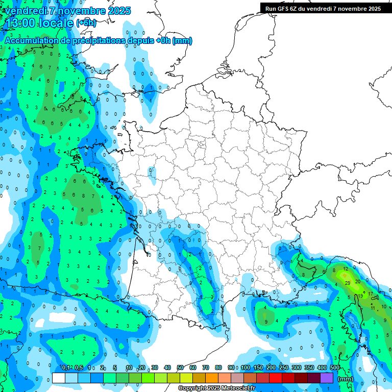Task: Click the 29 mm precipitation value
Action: [x=348, y=282]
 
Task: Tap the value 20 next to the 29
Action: [x=358, y=281]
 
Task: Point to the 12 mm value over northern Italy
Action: [x=346, y=268]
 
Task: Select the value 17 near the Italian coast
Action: [x=371, y=294]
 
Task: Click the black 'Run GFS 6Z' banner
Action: [x=323, y=8]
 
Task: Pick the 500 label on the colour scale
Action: [x=335, y=367]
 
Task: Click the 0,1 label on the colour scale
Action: [x=66, y=367]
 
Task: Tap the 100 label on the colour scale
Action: [x=246, y=367]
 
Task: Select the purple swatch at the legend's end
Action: [x=327, y=378]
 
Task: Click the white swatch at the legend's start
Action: [x=59, y=378]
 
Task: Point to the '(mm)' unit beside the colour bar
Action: [x=346, y=379]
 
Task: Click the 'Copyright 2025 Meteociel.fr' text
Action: [x=216, y=388]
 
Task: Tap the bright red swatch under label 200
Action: [x=276, y=378]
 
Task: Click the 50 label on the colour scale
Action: [x=180, y=367]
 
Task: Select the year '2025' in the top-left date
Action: [x=119, y=11]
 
